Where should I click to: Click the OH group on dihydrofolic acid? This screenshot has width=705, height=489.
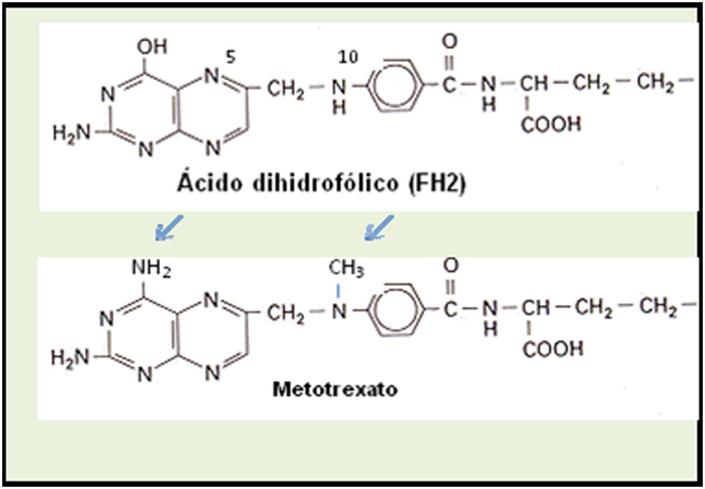pos(152,47)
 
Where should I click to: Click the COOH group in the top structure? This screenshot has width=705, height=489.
pos(550,124)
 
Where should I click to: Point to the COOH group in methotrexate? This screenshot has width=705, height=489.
pos(553,349)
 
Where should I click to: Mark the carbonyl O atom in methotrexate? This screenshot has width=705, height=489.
pos(451,265)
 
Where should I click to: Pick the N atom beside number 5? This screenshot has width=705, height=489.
pos(212,76)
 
